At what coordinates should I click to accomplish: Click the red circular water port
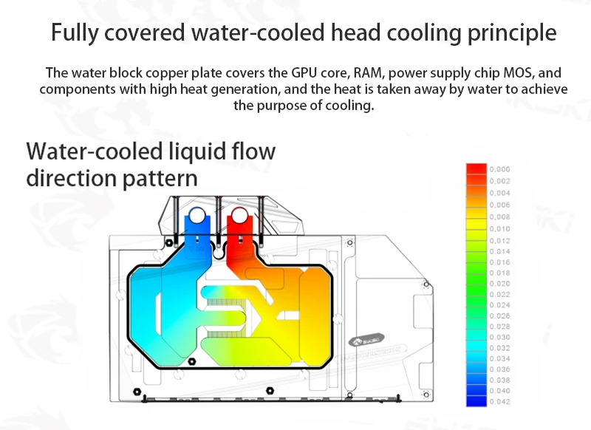click(240, 216)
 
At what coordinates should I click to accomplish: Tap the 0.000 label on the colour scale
click(500, 169)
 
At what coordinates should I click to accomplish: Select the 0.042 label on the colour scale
click(500, 401)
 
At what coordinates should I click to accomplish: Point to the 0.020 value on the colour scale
click(500, 284)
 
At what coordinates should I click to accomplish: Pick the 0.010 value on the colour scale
click(500, 230)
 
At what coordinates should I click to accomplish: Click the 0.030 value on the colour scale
click(500, 337)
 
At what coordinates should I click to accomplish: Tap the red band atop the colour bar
click(476, 169)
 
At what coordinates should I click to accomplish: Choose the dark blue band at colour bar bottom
click(476, 401)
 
